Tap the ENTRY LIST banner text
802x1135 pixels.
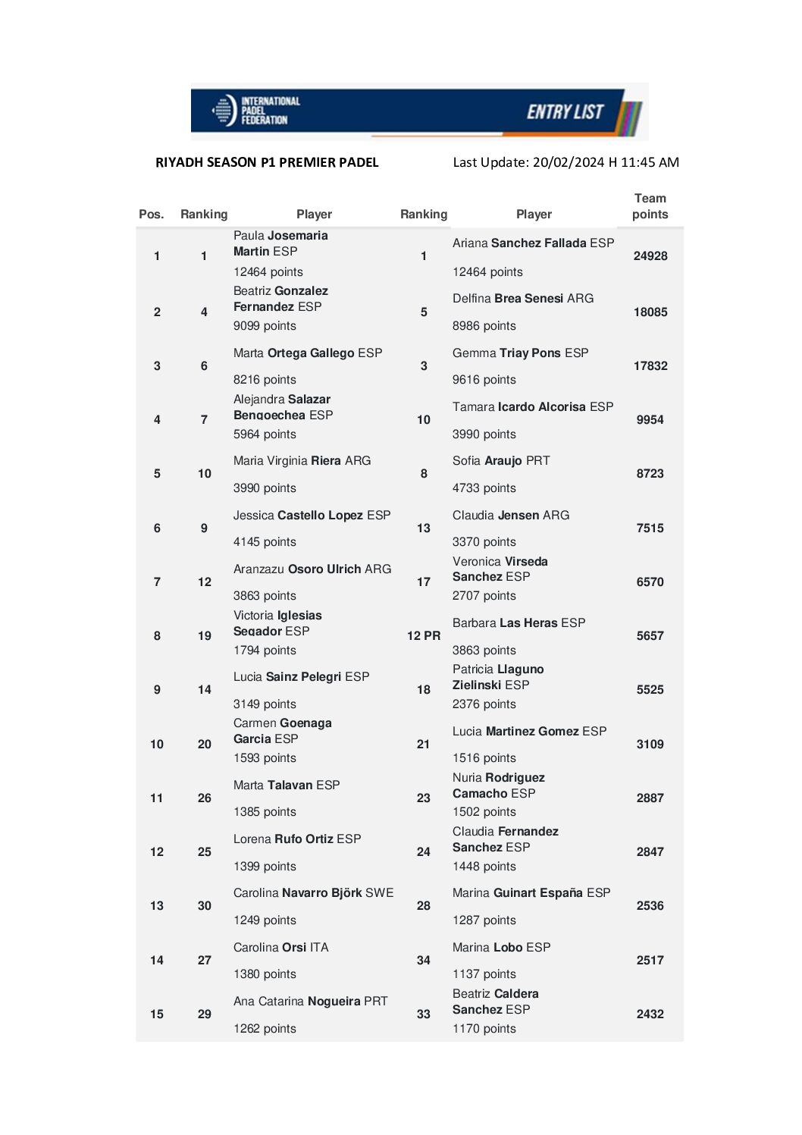pos(565,112)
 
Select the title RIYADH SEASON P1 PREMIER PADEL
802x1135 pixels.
pos(267,162)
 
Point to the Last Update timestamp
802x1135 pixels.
pos(565,162)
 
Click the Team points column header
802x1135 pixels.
pos(650,206)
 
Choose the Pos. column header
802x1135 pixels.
pos(152,215)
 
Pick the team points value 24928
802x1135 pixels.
pos(650,256)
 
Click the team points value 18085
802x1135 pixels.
pos(650,312)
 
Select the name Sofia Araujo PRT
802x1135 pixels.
pos(501,461)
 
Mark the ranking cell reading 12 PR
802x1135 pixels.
pos(423,636)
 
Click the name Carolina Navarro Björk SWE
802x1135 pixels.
pos(313,893)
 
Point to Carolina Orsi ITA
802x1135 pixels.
pos(280,948)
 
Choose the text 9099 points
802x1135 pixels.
pos(265,326)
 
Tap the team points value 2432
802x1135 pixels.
pos(650,1014)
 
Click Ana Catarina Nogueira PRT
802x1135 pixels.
pos(310,1002)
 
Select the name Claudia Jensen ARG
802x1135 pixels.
pos(510,516)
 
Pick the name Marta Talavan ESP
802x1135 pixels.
pos(286,785)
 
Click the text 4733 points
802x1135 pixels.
pos(484,488)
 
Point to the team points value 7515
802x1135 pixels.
pos(650,528)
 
